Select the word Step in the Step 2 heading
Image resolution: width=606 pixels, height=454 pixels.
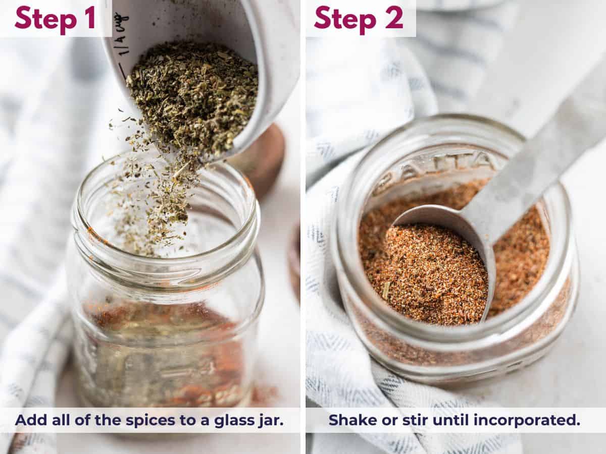(x=343, y=19)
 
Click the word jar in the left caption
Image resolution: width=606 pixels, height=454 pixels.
(x=271, y=421)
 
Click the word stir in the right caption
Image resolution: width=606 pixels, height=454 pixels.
(x=410, y=420)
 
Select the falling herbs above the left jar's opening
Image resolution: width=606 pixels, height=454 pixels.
(x=151, y=202)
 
